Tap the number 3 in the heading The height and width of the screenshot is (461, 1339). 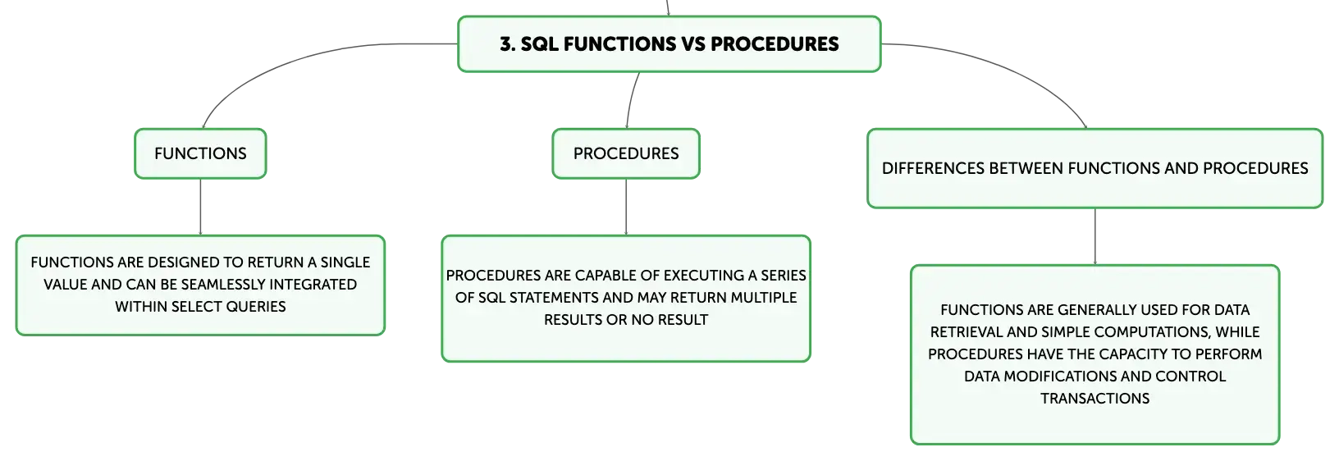[505, 43]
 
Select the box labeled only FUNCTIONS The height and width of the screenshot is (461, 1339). [200, 153]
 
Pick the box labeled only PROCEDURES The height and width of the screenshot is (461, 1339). [626, 153]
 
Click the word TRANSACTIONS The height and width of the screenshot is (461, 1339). [1095, 398]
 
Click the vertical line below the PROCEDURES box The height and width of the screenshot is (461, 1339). [626, 207]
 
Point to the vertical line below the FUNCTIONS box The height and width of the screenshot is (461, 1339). [200, 207]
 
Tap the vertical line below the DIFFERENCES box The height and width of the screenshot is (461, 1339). [1095, 237]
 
